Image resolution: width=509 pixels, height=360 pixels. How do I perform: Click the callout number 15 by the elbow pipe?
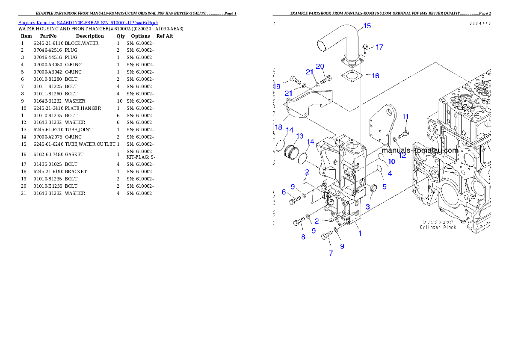click(x=367, y=26)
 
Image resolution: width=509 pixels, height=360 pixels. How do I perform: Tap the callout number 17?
click(x=379, y=47)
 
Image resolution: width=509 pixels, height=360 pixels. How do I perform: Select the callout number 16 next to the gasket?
click(x=375, y=76)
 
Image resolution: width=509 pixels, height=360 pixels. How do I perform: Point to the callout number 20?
click(x=320, y=66)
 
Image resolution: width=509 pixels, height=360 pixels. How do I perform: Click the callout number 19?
click(x=277, y=86)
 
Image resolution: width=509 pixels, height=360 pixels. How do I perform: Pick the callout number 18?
click(x=278, y=127)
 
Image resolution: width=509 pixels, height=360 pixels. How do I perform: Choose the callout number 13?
click(x=299, y=136)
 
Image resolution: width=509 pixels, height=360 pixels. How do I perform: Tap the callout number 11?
click(x=405, y=116)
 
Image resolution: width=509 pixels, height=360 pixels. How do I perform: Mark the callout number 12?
click(x=402, y=155)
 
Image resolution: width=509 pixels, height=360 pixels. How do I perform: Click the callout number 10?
click(x=391, y=162)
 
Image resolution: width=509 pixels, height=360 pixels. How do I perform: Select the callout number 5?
click(x=384, y=186)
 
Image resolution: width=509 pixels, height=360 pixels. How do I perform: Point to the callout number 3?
click(x=367, y=207)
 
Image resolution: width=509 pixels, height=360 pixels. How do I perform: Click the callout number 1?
click(x=360, y=233)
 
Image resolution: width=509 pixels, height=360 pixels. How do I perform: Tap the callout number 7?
click(x=331, y=253)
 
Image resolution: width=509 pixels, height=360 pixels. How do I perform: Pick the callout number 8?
click(x=303, y=237)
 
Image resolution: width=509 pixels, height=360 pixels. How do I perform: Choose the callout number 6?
click(x=284, y=192)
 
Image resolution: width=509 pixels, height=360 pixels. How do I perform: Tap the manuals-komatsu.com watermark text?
click(x=420, y=150)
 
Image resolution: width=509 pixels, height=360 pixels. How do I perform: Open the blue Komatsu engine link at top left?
click(x=88, y=23)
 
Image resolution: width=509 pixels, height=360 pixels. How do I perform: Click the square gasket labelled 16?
click(x=352, y=77)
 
